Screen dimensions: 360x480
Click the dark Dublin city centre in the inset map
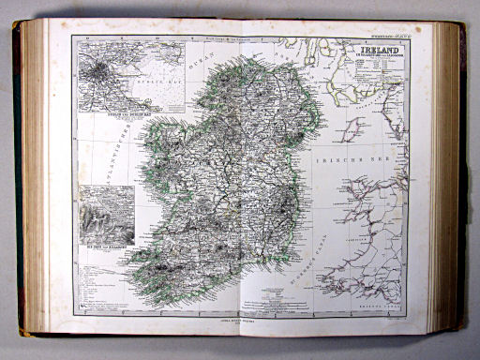click(x=98, y=72)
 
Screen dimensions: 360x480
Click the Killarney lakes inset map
click(x=106, y=215)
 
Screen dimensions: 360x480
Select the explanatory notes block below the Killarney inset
click(x=94, y=281)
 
